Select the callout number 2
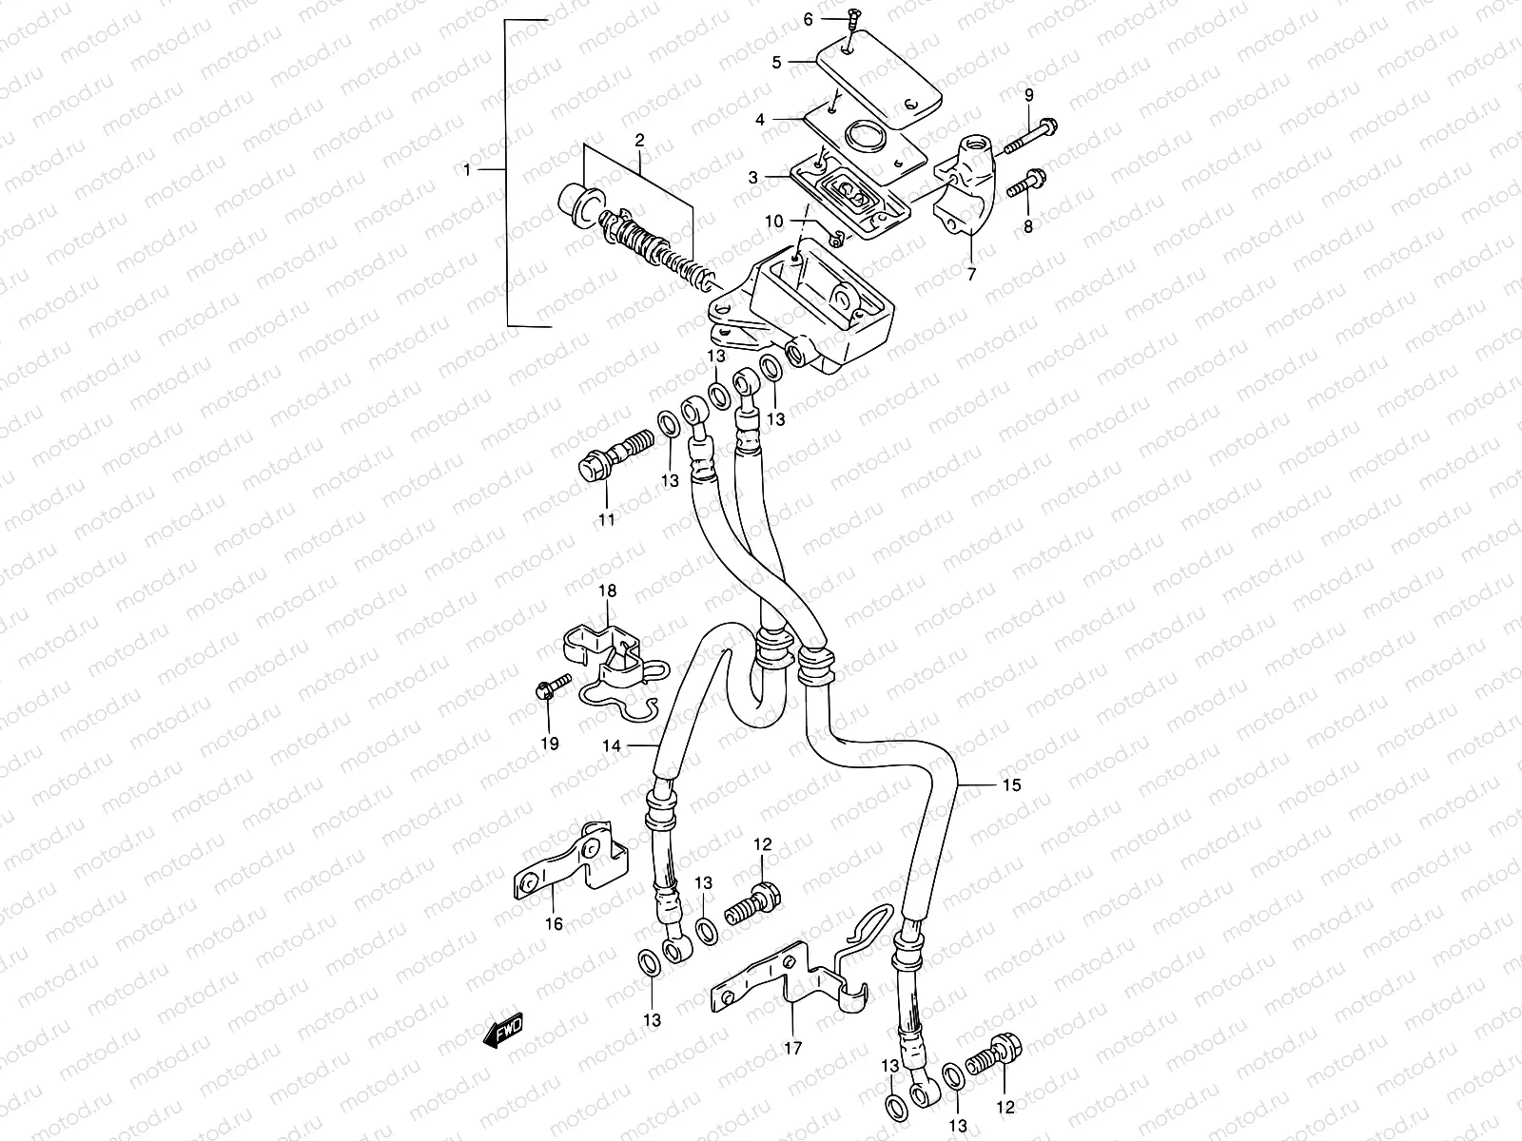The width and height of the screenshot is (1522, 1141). point(639,140)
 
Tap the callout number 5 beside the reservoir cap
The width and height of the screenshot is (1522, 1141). point(776,62)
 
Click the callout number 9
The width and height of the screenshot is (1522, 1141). point(1028,93)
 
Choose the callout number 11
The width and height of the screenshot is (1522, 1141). point(606,519)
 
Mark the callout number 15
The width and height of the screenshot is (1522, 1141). point(1010,785)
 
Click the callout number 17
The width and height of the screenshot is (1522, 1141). point(792,1049)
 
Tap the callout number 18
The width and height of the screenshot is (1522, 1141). point(607,591)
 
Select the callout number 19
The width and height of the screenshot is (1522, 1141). point(550,744)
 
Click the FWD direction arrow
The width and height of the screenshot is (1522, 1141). point(503,1028)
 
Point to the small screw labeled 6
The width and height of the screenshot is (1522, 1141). point(852,15)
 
